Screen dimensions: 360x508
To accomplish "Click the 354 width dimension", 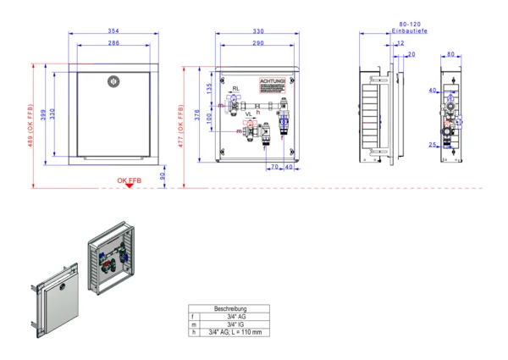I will (x=113, y=31).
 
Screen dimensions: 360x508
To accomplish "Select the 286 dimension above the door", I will (x=113, y=42).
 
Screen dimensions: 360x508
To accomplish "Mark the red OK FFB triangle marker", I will (x=128, y=186).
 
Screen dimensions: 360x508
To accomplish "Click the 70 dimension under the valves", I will (x=274, y=167).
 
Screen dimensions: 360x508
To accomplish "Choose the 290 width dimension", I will (x=257, y=42).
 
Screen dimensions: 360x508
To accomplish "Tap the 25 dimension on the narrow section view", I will (x=431, y=146).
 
